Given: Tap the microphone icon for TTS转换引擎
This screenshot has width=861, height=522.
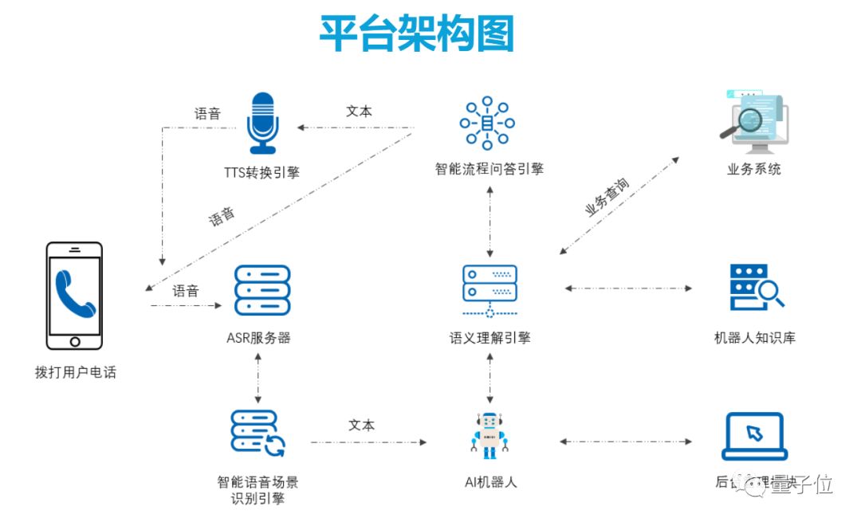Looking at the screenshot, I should [x=261, y=123].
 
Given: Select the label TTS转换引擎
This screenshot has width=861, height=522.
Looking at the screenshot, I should [x=262, y=172].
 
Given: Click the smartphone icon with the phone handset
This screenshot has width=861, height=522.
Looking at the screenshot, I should [x=74, y=296].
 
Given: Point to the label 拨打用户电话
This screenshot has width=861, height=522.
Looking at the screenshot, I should [x=76, y=372].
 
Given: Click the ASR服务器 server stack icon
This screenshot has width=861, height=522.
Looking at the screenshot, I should [x=262, y=291].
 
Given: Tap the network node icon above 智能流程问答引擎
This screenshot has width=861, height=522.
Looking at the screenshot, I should [x=487, y=124].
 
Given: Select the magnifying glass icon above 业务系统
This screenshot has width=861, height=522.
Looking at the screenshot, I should [x=753, y=123].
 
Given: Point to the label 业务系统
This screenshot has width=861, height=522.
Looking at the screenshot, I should [x=754, y=169].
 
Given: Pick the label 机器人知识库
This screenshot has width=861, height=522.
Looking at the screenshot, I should [x=754, y=338].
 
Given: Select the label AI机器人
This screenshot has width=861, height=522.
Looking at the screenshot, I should [x=490, y=482].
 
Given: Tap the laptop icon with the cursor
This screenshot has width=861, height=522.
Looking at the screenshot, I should [x=754, y=436].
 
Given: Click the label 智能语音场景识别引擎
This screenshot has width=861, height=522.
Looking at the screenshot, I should [x=258, y=490].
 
